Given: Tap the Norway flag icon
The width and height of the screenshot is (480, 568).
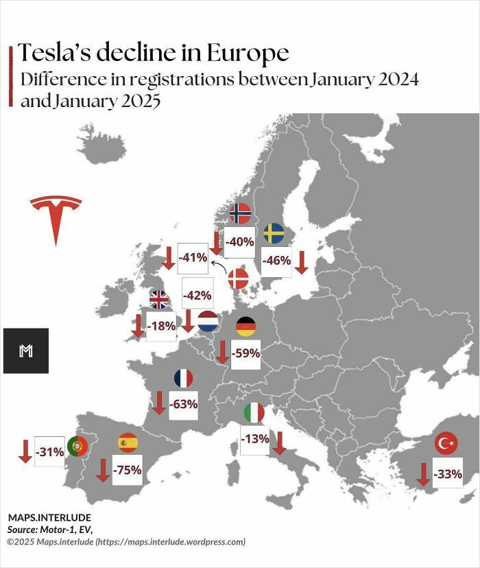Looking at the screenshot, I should click(240, 213).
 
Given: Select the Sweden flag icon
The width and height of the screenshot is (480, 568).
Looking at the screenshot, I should click(274, 233).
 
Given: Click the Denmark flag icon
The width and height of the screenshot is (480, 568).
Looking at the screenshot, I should click(239, 279).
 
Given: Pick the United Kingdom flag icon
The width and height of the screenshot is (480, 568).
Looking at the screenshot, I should click(159, 299).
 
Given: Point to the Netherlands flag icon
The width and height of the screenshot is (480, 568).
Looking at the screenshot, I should click(208, 321).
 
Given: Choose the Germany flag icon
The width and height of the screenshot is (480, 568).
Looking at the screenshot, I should click(245, 327).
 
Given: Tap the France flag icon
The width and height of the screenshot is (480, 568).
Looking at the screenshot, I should click(183, 378).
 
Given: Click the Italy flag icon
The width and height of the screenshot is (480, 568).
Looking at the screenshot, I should click(254, 412).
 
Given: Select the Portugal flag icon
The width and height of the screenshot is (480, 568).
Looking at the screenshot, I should click(77, 447).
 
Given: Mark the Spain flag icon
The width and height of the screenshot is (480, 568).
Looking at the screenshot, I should click(128, 443).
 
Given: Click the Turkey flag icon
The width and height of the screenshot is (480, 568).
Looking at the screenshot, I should click(446, 443).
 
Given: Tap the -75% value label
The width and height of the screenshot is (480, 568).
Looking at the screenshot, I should click(128, 470).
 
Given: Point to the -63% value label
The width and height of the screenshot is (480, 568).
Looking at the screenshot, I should click(183, 404).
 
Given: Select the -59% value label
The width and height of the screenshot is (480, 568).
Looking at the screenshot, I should click(245, 353).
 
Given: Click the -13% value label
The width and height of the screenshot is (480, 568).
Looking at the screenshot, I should click(254, 439).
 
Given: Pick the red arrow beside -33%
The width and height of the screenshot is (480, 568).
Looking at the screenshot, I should click(423, 474).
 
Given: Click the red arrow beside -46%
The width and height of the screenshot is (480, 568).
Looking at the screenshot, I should click(301, 261).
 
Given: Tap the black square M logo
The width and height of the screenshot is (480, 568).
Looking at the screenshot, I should click(26, 351).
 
